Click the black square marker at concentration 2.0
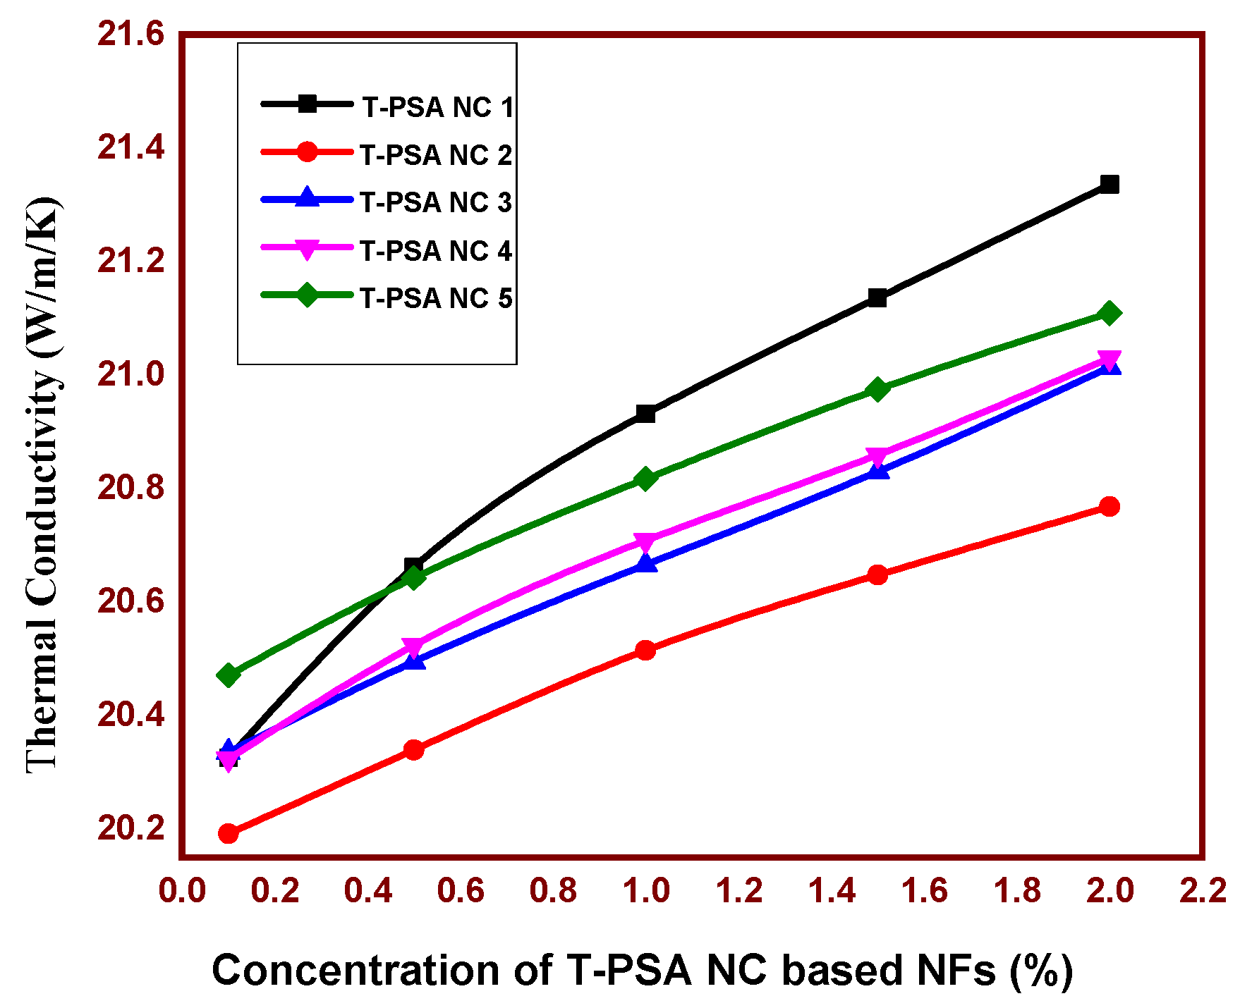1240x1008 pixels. click(x=1109, y=185)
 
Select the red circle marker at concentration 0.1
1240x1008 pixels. click(x=228, y=833)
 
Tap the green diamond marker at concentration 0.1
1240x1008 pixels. click(x=228, y=675)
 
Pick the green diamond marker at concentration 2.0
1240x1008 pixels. click(x=1109, y=313)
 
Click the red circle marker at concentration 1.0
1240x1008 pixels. click(x=645, y=650)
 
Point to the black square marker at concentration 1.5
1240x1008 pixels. click(x=877, y=297)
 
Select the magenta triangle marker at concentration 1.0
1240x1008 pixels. click(x=645, y=542)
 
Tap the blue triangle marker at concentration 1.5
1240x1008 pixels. click(x=877, y=470)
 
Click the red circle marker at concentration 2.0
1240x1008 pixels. click(x=1109, y=506)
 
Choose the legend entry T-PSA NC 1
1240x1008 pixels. click(x=437, y=107)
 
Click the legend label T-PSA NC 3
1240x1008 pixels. click(x=435, y=202)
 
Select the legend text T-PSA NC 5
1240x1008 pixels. click(x=435, y=298)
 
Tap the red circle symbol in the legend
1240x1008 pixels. click(x=307, y=152)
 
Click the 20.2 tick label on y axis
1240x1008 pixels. click(x=130, y=828)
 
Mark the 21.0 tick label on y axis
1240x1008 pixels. click(x=130, y=374)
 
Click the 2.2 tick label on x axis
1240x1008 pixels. click(x=1203, y=891)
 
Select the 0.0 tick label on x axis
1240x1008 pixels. click(x=182, y=891)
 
